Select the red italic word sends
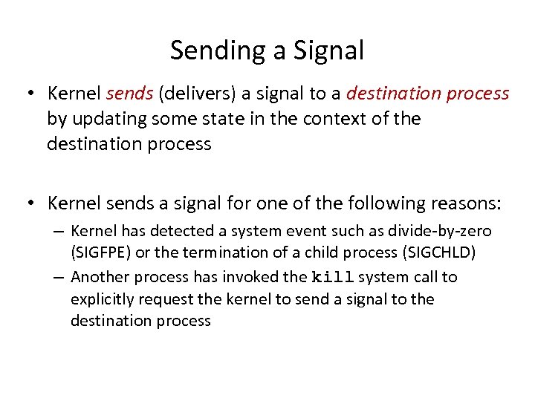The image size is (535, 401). [131, 94]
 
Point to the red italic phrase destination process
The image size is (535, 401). [427, 94]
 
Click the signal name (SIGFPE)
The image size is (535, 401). [100, 253]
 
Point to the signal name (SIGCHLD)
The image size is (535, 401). [438, 253]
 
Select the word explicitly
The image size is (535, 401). [102, 299]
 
